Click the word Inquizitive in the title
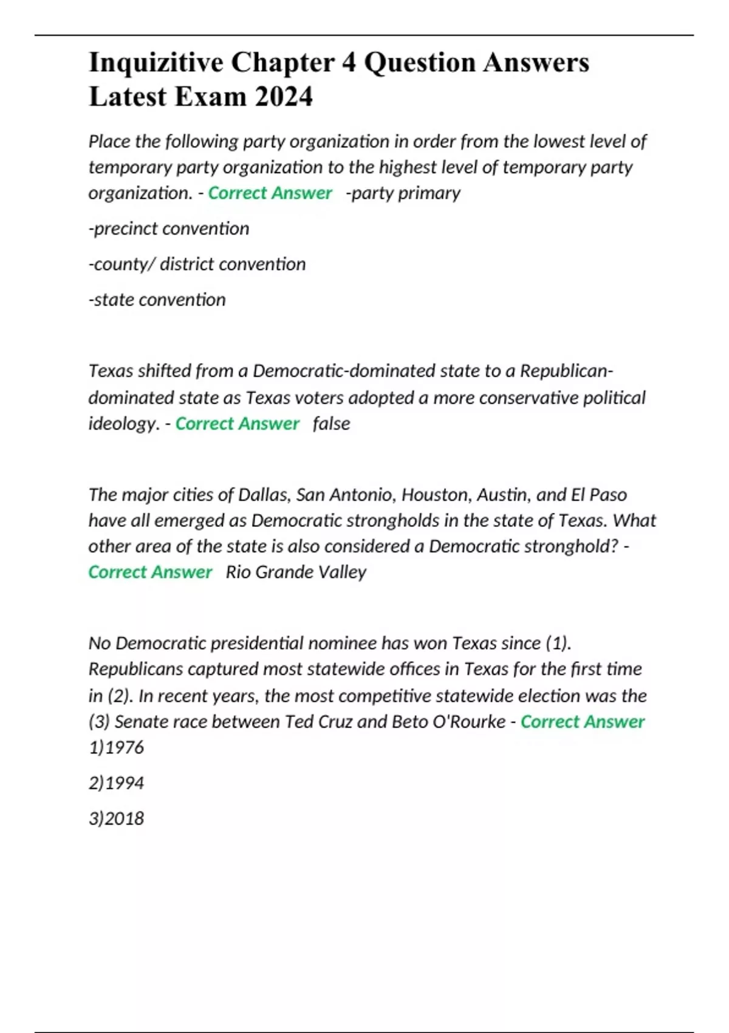[155, 63]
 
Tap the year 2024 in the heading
[284, 97]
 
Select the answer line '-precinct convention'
[169, 228]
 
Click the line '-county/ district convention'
[197, 264]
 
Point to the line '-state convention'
[157, 300]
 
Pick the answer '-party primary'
[403, 193]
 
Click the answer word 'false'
[331, 424]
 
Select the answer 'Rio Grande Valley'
[296, 572]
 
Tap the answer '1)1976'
[116, 747]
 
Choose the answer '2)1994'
[116, 783]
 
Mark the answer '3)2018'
[116, 819]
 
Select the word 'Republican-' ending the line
[567, 371]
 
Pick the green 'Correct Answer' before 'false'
[238, 424]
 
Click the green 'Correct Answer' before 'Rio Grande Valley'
[150, 572]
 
